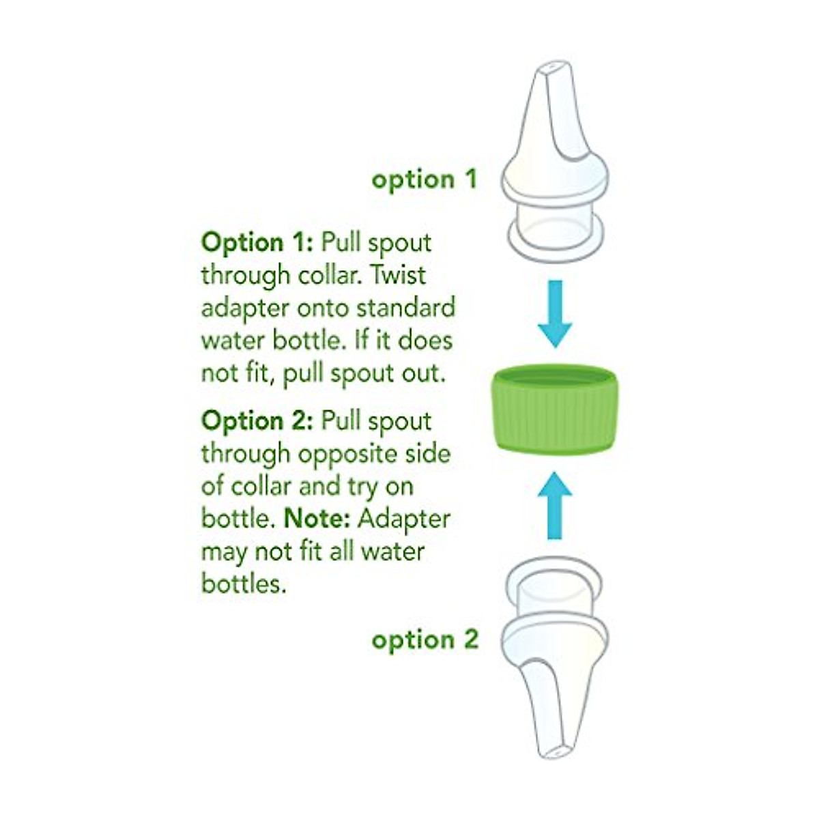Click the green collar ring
(555, 409)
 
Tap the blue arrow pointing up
(555, 505)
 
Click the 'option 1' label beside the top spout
(424, 179)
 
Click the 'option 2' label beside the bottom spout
(425, 640)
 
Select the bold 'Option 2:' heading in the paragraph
(257, 421)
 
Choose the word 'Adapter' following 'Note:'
(404, 519)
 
